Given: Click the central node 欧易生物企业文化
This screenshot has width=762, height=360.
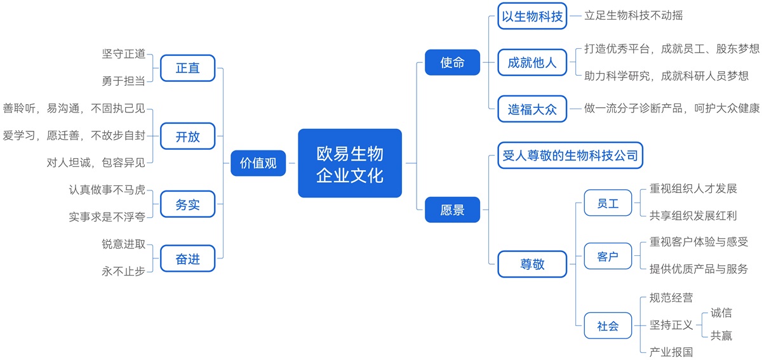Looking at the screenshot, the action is tap(350, 163).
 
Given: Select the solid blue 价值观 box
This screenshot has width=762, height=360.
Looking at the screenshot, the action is tap(258, 163).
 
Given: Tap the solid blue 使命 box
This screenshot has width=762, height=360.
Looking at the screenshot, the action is tap(452, 62).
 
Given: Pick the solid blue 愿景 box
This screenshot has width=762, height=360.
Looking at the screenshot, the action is tap(452, 210).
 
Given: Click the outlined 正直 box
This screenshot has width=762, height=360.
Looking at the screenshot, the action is tap(188, 68).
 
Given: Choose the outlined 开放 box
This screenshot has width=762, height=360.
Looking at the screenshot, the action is tap(188, 136).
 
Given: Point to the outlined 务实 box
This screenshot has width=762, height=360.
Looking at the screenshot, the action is tap(188, 204).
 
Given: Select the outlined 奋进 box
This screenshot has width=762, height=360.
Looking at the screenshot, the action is tap(188, 258).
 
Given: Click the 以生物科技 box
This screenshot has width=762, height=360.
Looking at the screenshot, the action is tap(532, 16).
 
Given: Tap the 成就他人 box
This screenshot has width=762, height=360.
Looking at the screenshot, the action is tap(532, 62).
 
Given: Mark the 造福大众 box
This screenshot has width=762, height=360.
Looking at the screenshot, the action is tap(532, 109).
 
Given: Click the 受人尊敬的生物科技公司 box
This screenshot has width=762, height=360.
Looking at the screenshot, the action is tap(570, 156).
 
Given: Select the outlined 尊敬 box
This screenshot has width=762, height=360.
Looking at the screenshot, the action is tap(532, 264).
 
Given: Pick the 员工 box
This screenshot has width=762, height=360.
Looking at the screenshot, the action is tap(608, 203).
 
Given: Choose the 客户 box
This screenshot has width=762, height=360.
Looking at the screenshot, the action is tap(608, 257).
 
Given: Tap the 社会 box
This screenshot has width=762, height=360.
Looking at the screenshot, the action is tap(608, 326).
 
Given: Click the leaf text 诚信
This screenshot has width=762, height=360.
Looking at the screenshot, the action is tap(721, 313).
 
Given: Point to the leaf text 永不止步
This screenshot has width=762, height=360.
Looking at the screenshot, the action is tap(123, 271).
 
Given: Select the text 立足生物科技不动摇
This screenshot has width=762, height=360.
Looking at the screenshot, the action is tap(634, 15).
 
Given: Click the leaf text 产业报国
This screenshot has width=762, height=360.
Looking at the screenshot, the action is tap(671, 352).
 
